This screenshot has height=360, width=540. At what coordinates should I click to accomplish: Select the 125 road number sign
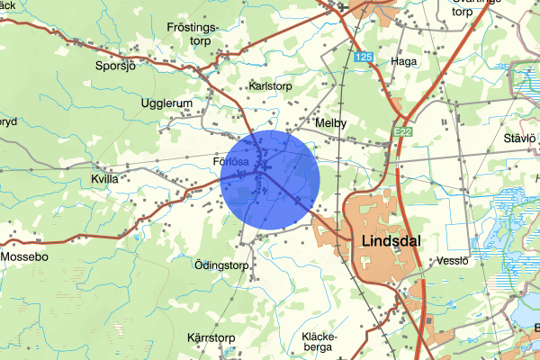(x=363, y=57)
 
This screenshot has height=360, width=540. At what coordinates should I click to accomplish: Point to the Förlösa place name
(x=230, y=162)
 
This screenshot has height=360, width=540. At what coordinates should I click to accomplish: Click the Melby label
(x=330, y=122)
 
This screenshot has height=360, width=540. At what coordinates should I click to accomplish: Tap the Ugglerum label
(x=166, y=103)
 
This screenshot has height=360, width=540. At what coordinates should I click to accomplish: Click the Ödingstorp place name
(x=220, y=265)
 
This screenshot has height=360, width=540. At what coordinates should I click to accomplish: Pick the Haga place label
(x=404, y=61)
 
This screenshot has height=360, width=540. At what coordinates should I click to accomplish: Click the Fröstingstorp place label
(x=193, y=34)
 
